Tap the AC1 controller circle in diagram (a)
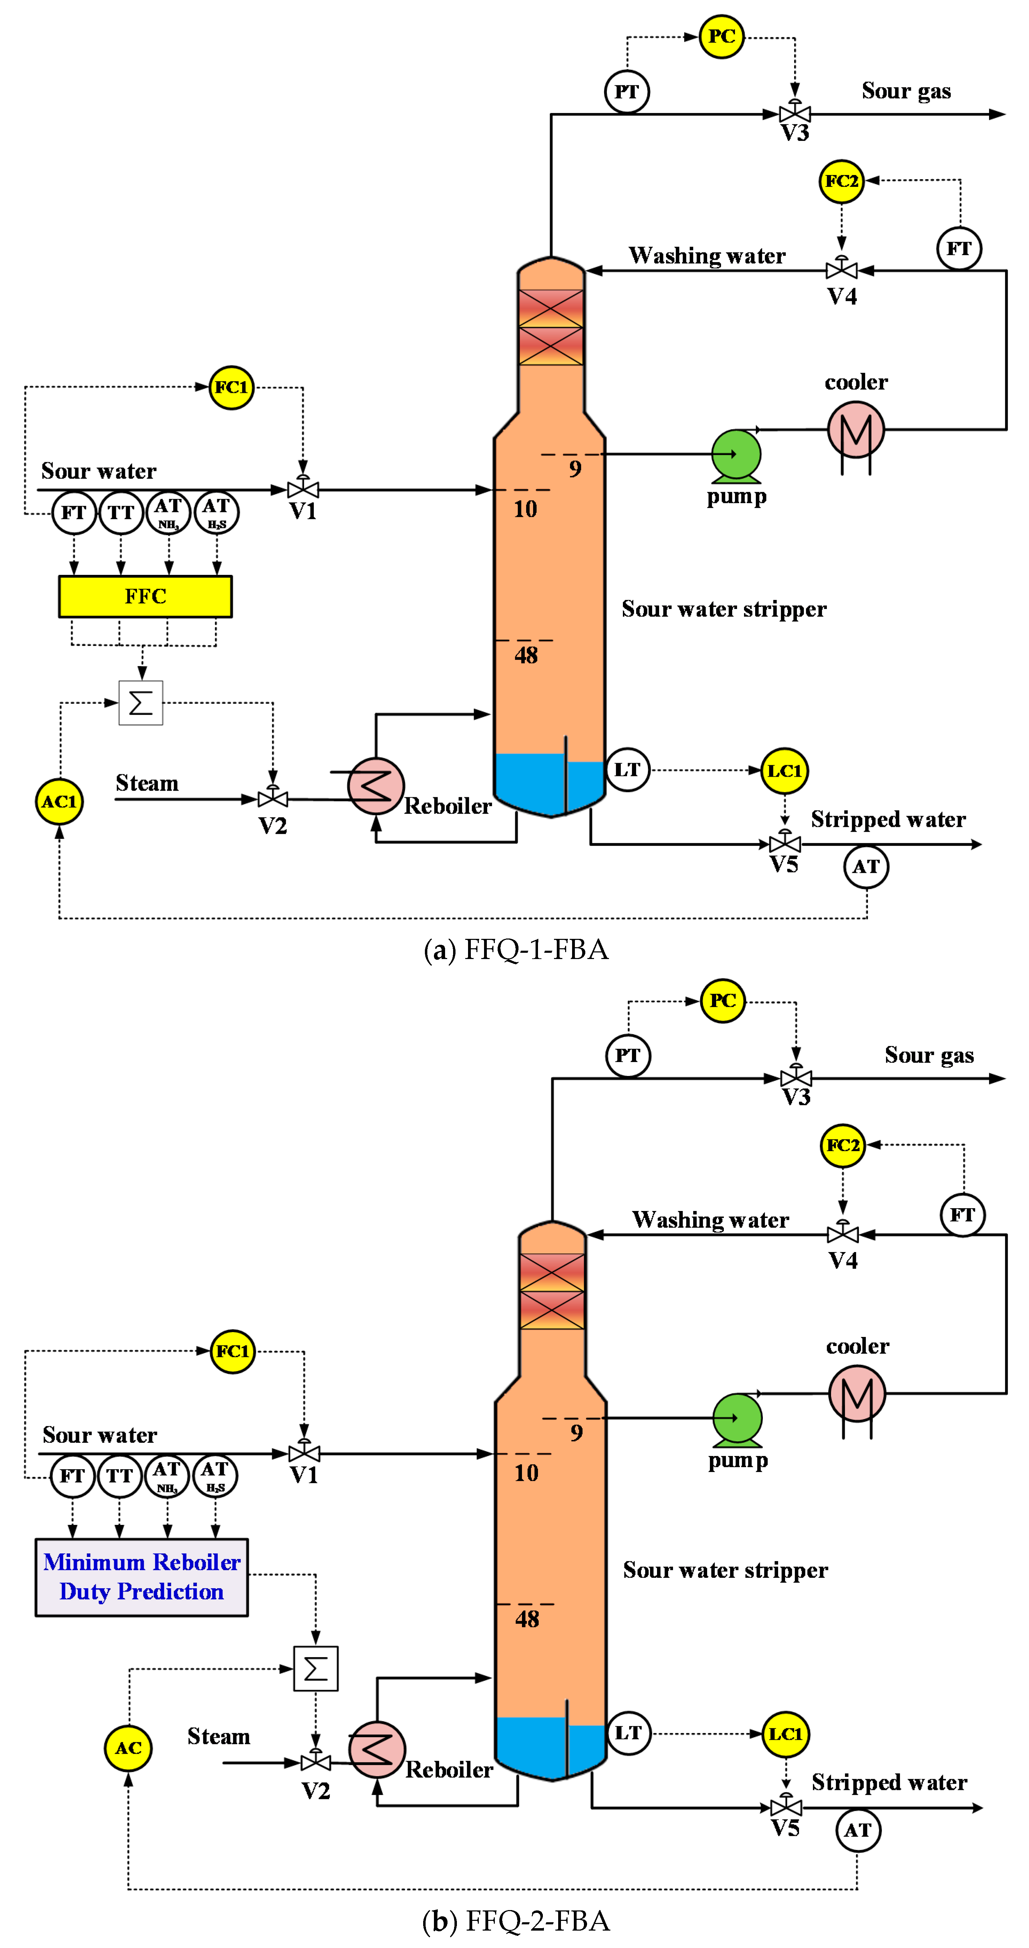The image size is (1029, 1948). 59,802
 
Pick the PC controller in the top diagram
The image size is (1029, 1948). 721,36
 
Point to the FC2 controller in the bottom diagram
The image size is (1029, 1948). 842,1145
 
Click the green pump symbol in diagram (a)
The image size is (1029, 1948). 736,454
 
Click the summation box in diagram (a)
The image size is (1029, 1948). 141,703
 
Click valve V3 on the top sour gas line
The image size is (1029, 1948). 794,114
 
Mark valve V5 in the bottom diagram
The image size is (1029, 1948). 785,1807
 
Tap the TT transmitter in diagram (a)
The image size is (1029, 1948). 121,513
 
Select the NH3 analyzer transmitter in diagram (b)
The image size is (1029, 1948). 167,1475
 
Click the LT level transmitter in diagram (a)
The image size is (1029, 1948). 627,770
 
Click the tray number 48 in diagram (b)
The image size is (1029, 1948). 527,1619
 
